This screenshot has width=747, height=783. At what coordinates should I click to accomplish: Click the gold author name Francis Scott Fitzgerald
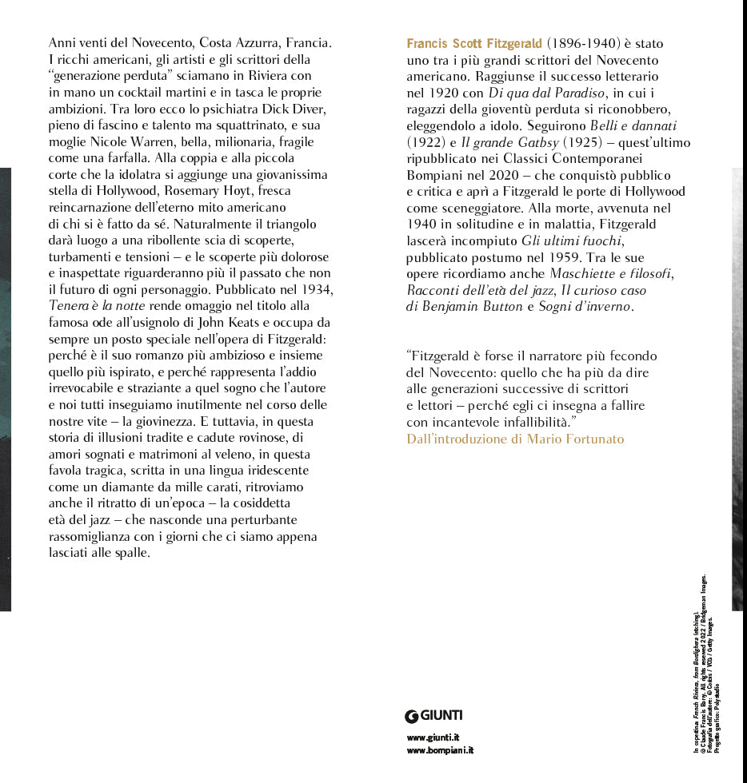click(474, 43)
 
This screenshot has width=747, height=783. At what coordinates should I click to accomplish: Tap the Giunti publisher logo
click(434, 715)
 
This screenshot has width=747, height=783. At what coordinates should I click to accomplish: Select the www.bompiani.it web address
click(440, 751)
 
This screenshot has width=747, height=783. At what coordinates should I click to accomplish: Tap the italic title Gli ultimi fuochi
click(573, 240)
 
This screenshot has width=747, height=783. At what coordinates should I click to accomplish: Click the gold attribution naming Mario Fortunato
click(515, 439)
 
